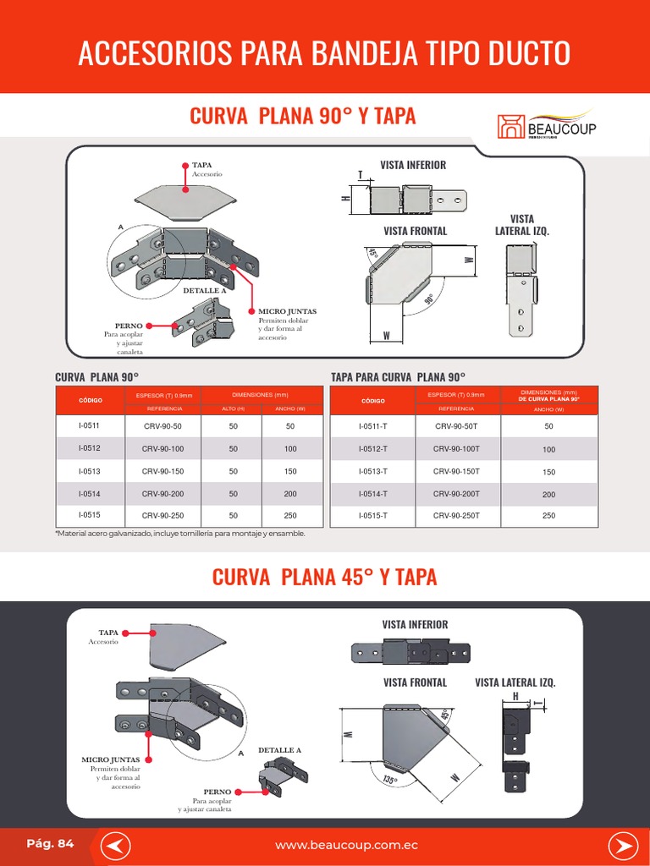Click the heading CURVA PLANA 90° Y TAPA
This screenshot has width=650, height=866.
click(x=302, y=116)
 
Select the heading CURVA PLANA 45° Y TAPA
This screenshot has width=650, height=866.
click(x=324, y=577)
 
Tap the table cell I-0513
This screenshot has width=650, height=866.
click(x=89, y=471)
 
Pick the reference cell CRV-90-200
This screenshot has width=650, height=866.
click(x=162, y=493)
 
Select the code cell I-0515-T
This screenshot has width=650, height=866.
click(x=372, y=515)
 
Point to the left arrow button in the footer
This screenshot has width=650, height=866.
click(x=120, y=845)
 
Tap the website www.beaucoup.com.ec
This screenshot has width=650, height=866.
click(x=346, y=845)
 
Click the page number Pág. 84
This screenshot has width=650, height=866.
click(x=50, y=843)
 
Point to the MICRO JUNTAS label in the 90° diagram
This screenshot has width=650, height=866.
click(x=282, y=311)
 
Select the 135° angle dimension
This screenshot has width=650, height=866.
click(x=388, y=778)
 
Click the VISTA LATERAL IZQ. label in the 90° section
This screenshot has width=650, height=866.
click(x=521, y=225)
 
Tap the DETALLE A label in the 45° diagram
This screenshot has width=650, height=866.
click(x=279, y=750)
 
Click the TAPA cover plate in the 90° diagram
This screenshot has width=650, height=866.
click(x=186, y=201)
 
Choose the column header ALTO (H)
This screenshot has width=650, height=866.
click(x=233, y=408)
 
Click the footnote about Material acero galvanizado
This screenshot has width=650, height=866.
click(x=179, y=534)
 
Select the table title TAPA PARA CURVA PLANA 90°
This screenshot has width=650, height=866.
click(x=398, y=377)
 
